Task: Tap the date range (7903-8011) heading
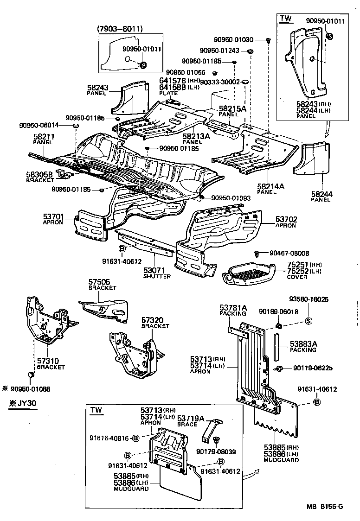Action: pos(120,29)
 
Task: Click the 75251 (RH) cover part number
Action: pos(297,264)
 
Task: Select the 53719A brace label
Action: pos(191,419)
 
